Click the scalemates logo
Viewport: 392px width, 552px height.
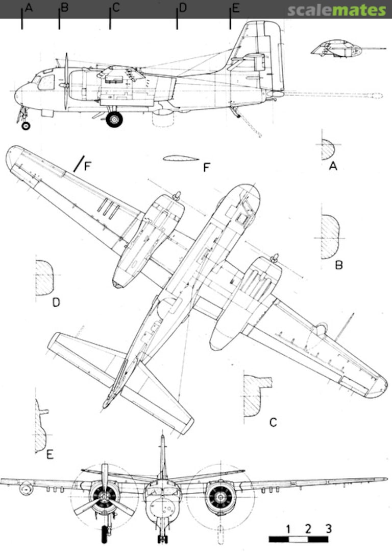click(336, 10)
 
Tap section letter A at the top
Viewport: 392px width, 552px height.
click(29, 8)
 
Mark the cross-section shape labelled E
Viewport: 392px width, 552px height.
click(40, 427)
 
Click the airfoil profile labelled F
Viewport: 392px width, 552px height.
click(181, 158)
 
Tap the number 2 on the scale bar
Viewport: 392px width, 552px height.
click(308, 528)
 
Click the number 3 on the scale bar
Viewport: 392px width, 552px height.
click(328, 528)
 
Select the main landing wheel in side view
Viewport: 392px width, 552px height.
click(114, 120)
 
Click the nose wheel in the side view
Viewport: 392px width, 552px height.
click(26, 125)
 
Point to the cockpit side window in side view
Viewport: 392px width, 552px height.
click(46, 82)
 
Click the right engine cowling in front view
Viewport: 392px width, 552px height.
click(220, 497)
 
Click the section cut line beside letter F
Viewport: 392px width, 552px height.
click(78, 164)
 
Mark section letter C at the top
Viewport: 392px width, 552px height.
click(116, 8)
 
